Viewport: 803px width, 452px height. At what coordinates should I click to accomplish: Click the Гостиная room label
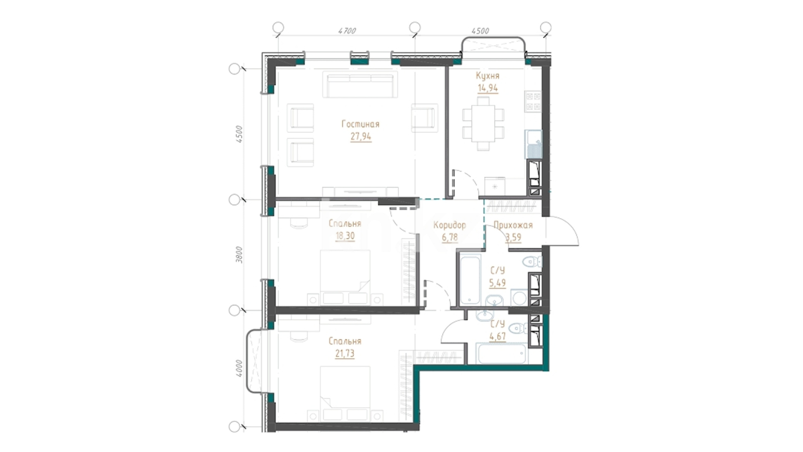pyautogui.click(x=361, y=124)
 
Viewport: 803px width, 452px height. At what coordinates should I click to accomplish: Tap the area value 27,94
pyautogui.click(x=361, y=136)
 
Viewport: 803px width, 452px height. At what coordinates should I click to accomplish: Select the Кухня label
pyautogui.click(x=488, y=76)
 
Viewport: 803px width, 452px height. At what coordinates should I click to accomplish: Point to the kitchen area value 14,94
pyautogui.click(x=488, y=88)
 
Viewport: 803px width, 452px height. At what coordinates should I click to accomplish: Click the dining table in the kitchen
pyautogui.click(x=483, y=123)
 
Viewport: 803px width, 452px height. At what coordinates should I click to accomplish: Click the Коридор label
pyautogui.click(x=450, y=225)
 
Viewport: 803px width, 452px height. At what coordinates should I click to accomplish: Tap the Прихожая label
pyautogui.click(x=513, y=225)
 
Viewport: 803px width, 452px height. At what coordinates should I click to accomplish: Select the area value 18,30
pyautogui.click(x=345, y=236)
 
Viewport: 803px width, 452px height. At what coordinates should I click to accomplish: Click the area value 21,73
pyautogui.click(x=345, y=354)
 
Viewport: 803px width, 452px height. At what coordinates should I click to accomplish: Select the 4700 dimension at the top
pyautogui.click(x=347, y=31)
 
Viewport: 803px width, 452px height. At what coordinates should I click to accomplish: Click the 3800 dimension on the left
pyautogui.click(x=239, y=254)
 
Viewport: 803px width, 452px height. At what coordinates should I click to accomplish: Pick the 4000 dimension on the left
pyautogui.click(x=239, y=368)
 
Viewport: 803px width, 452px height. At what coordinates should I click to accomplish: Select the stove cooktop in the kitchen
pyautogui.click(x=533, y=102)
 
